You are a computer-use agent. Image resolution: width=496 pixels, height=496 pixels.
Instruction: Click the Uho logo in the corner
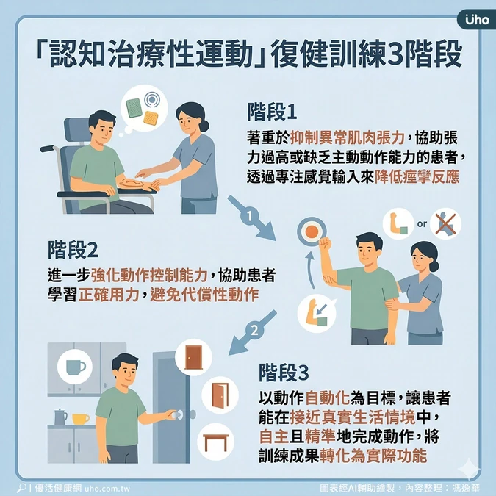click(477, 20)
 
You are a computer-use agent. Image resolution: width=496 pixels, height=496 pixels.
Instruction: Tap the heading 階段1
click(272, 112)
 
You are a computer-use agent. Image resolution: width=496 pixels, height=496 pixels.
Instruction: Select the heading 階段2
click(73, 250)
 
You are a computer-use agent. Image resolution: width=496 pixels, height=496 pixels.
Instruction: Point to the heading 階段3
click(284, 373)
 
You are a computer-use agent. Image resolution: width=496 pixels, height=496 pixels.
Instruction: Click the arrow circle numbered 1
click(250, 216)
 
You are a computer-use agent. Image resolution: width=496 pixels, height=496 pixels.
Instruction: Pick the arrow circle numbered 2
click(254, 331)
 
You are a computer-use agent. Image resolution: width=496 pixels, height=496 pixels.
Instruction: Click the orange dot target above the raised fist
click(312, 231)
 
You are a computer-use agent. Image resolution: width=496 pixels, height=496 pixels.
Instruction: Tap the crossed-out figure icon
click(445, 223)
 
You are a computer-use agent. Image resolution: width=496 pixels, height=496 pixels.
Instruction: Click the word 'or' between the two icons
click(422, 224)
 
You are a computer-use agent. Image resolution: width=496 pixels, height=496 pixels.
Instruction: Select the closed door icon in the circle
click(193, 357)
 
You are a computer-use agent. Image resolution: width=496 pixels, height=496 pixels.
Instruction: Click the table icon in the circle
click(216, 442)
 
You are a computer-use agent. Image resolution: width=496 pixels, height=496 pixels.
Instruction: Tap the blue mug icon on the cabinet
click(75, 367)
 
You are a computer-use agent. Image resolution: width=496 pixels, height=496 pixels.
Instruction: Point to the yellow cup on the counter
click(80, 419)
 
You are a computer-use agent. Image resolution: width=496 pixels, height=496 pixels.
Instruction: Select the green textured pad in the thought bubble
click(134, 108)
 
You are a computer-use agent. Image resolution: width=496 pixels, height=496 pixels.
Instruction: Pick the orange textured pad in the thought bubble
click(151, 118)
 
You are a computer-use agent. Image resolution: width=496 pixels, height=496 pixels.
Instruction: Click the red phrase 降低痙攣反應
click(417, 177)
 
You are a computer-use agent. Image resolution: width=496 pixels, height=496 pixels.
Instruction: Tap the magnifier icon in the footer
click(21, 487)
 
